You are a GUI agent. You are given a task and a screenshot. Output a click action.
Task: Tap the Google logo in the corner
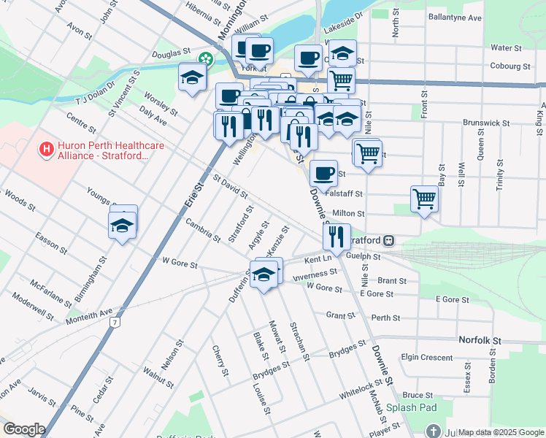[x=23, y=429]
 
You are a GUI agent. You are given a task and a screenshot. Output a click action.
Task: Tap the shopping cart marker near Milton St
[x=424, y=198]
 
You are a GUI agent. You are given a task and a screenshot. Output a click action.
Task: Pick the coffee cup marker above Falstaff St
[x=323, y=173]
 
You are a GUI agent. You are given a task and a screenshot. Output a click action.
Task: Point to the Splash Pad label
[x=411, y=407]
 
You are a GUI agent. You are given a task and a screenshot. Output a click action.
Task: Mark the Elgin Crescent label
[x=427, y=357]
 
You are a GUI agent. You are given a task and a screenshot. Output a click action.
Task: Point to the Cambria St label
[x=202, y=229]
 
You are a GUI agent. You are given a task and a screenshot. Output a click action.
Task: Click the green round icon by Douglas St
[x=207, y=58]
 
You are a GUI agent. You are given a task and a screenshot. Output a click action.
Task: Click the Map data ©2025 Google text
[x=500, y=432]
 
